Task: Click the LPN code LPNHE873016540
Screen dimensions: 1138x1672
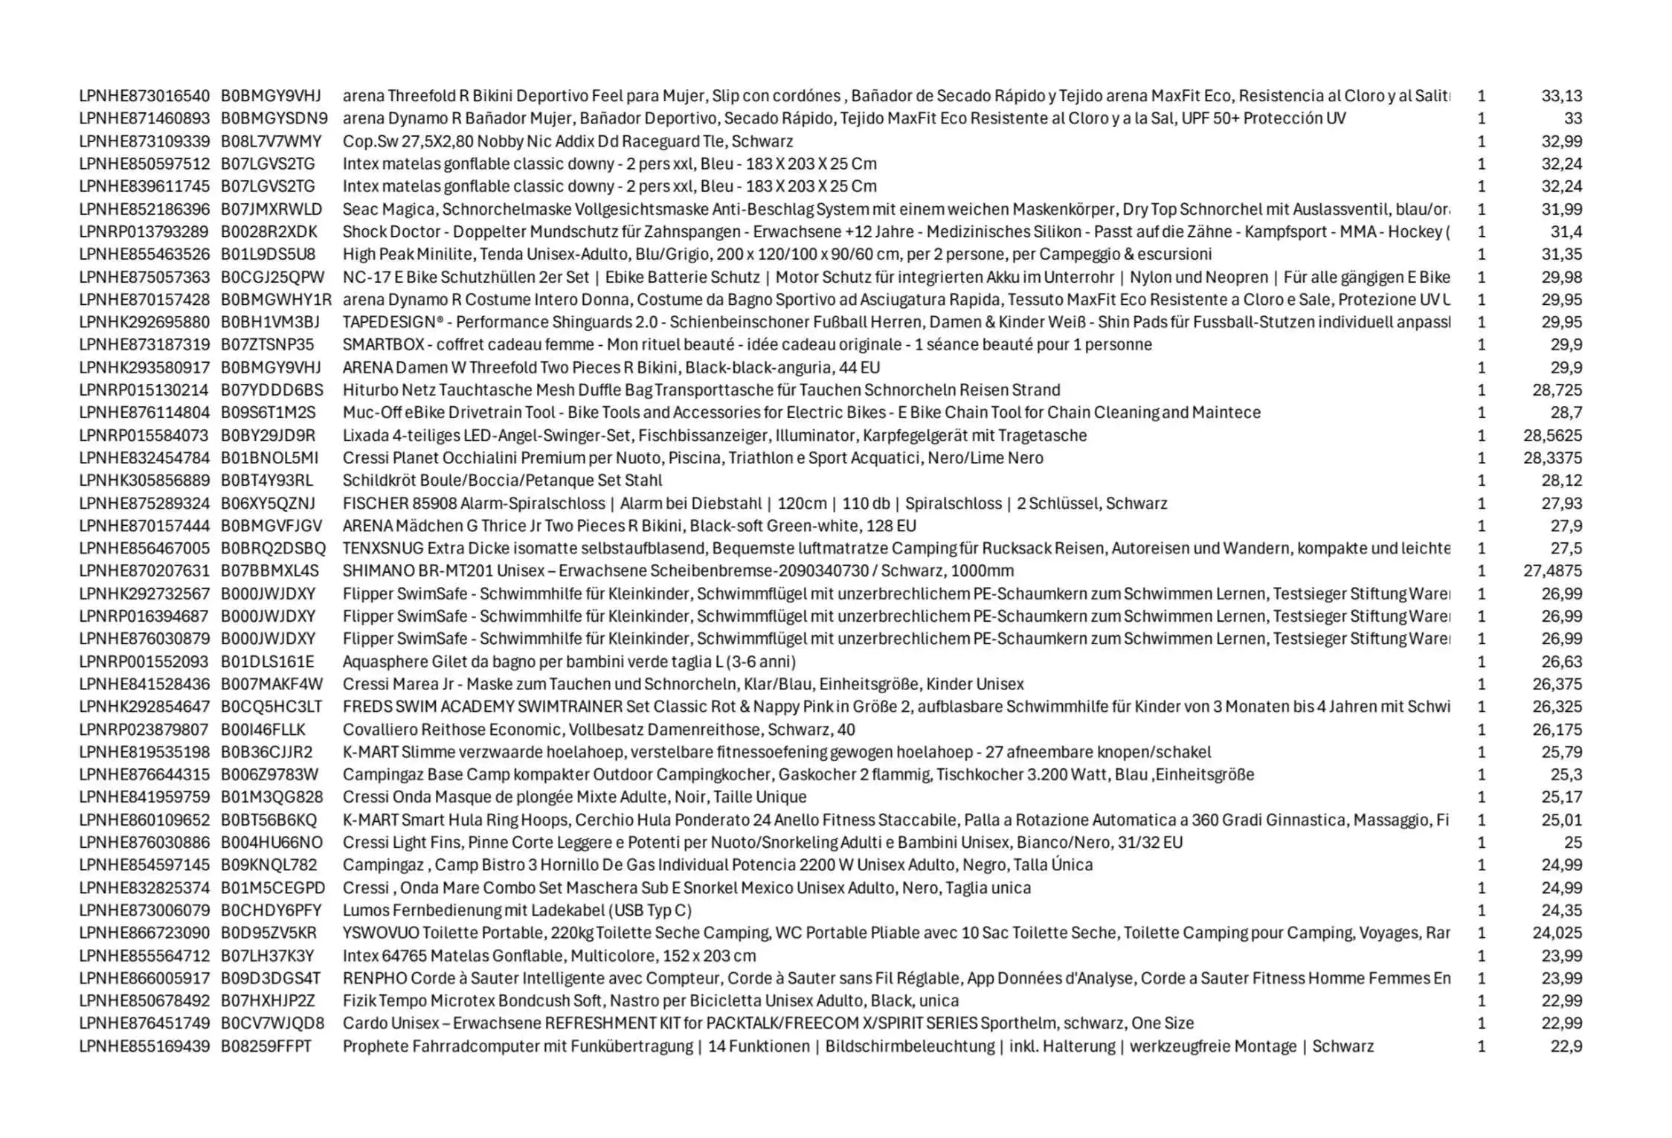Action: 144,96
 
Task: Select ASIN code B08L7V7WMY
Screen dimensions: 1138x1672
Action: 271,141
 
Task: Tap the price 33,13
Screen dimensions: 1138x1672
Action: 1561,96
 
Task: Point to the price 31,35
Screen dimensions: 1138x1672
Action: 1561,254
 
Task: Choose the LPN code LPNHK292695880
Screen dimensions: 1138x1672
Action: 144,322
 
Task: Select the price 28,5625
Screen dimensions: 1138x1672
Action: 1552,436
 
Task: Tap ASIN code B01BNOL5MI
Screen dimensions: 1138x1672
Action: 269,458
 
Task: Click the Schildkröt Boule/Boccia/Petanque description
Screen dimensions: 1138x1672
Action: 502,480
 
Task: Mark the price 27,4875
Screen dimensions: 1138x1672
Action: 1552,571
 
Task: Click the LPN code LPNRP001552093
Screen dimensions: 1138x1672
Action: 144,662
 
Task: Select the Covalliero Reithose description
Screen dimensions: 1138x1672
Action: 599,730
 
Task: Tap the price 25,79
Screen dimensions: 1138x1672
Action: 1561,752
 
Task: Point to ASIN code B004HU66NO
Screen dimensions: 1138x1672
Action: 271,843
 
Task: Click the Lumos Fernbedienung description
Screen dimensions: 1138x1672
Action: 517,910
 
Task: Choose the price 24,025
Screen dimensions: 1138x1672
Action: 1557,933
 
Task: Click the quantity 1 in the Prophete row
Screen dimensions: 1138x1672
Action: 1481,1047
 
